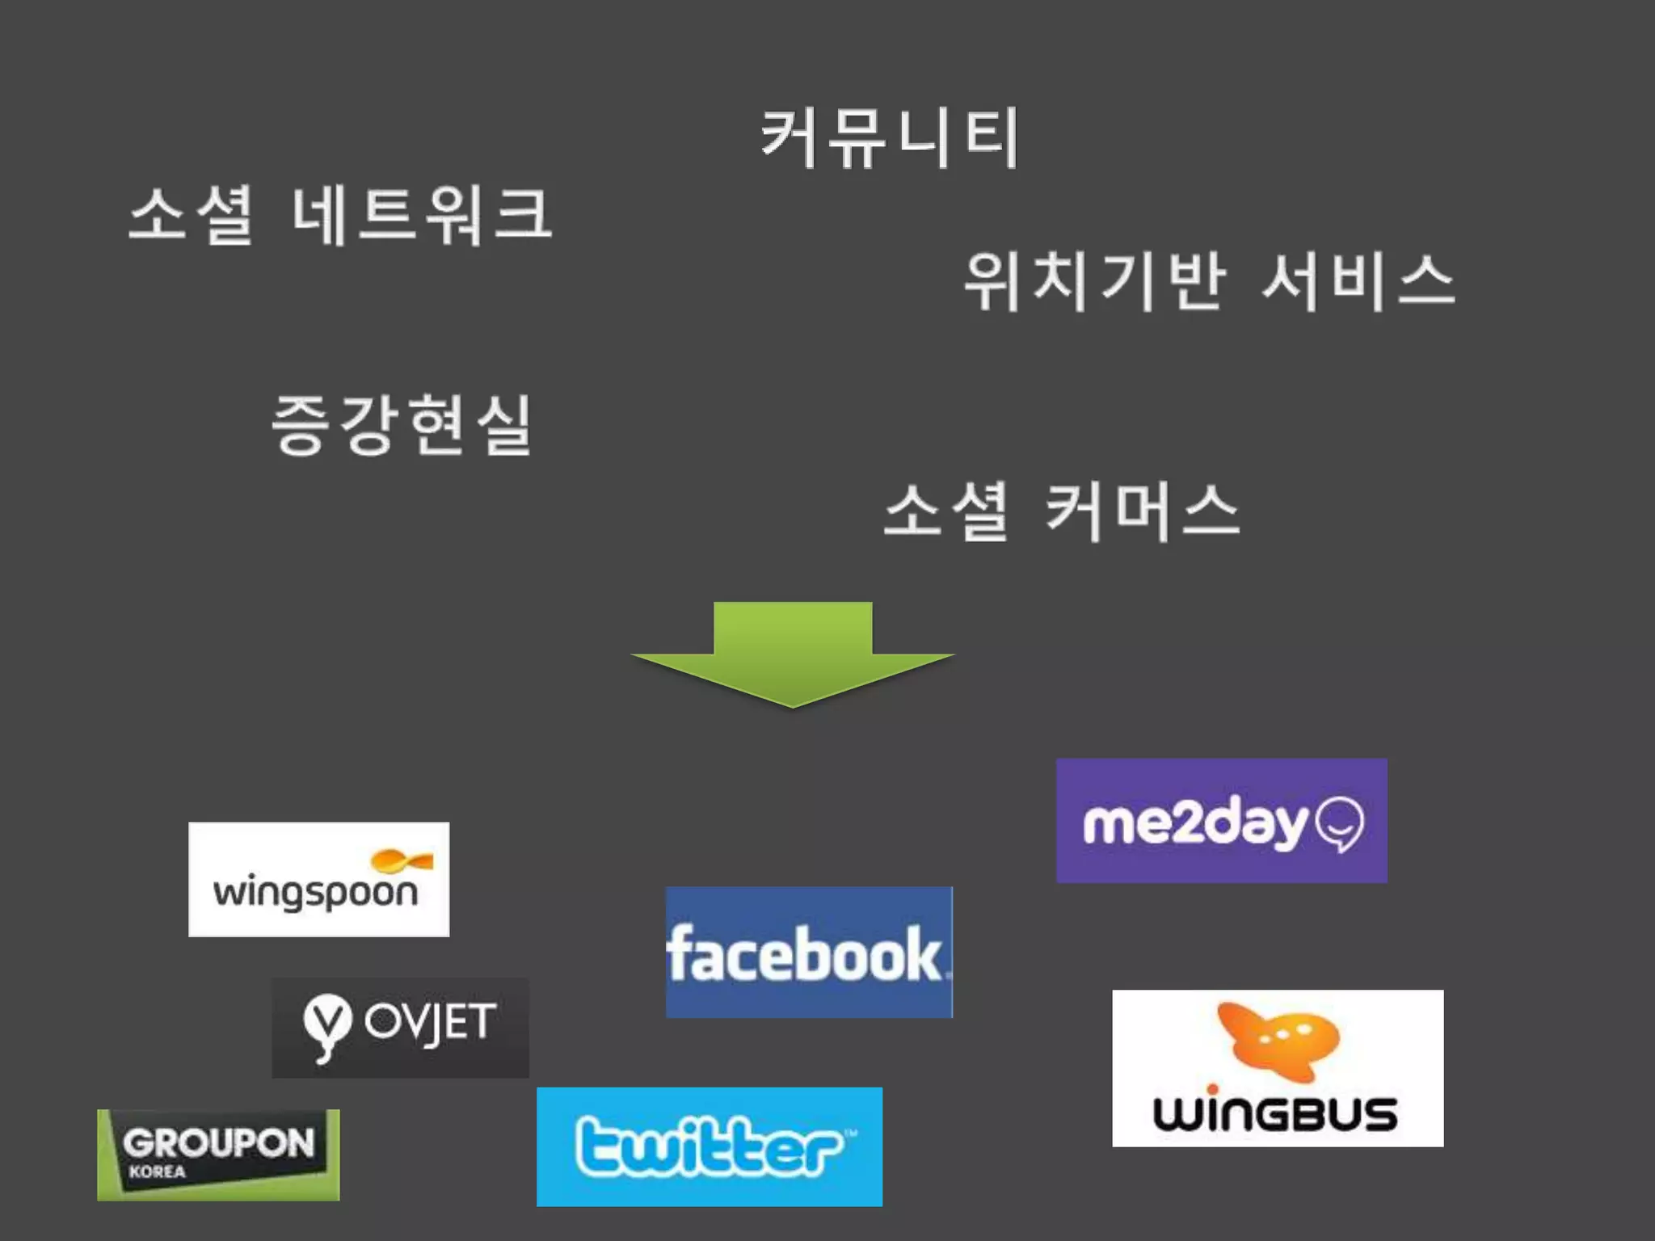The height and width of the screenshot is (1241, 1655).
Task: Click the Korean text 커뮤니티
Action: (x=889, y=139)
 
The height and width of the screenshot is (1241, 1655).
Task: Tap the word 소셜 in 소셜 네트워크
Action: (x=192, y=215)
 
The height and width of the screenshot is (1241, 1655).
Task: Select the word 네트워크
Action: (x=422, y=215)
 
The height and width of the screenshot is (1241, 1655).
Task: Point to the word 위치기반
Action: (x=1095, y=281)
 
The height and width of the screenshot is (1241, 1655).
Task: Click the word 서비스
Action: (x=1358, y=281)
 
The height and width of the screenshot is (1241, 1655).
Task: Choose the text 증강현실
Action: (x=402, y=425)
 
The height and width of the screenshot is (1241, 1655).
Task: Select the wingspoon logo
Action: (x=318, y=879)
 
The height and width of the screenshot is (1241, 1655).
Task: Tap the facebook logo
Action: (x=809, y=952)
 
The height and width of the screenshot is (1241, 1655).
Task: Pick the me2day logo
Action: (x=1221, y=820)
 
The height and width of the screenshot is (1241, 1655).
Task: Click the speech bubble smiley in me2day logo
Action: (x=1340, y=824)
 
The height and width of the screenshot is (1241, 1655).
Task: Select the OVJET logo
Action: (x=400, y=1027)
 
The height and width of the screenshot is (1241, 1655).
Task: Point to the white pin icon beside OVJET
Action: (x=327, y=1026)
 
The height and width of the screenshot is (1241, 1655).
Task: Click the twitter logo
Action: (x=709, y=1146)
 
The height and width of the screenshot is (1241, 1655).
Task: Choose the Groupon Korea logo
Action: (x=218, y=1154)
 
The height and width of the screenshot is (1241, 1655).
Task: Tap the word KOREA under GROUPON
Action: (x=157, y=1172)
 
